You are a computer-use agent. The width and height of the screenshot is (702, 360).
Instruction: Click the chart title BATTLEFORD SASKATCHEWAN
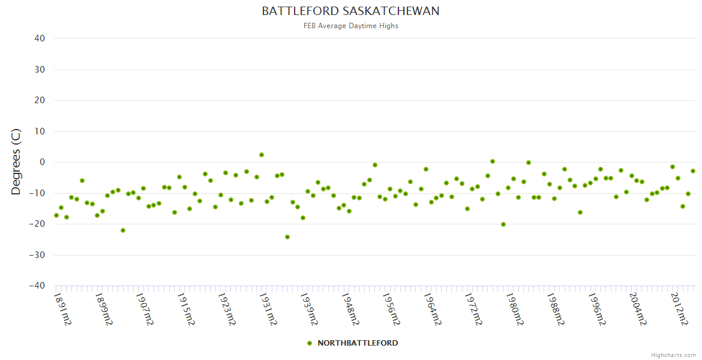pos(350,11)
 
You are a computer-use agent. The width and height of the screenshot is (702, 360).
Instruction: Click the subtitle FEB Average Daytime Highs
pos(350,26)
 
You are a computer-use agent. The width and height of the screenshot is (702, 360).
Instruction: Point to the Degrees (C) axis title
pos(16,162)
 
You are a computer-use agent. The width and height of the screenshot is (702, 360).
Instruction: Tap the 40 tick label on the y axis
pos(40,38)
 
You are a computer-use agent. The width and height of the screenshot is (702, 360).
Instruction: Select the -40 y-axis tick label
pos(37,286)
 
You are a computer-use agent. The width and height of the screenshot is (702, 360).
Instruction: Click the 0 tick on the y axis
pos(42,162)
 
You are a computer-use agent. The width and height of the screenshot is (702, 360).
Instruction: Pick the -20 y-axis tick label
pos(37,224)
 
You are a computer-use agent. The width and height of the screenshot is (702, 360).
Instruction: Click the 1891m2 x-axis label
pos(63,308)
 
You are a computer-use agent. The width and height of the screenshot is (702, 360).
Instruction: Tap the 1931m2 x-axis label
pos(268,308)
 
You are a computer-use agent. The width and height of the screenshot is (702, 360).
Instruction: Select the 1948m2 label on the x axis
pos(349,308)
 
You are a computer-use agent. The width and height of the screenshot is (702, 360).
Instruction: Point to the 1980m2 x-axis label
pos(513,308)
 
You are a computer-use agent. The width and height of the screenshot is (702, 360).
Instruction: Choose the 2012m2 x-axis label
pos(679,308)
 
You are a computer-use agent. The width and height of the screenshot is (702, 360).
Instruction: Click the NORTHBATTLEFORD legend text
pos(358,343)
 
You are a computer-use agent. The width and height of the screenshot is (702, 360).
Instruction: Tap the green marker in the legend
pos(310,343)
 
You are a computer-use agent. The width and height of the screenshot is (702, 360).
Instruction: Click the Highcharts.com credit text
pos(673,355)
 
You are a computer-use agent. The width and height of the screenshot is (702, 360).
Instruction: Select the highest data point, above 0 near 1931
pos(262,155)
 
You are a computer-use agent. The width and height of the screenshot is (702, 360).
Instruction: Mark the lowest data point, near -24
pos(287,237)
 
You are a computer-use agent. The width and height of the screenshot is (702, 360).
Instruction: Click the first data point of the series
pos(56,215)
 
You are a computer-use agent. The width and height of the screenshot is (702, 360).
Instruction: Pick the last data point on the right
pos(693,171)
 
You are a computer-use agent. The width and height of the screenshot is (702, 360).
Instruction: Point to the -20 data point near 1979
pos(503,224)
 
